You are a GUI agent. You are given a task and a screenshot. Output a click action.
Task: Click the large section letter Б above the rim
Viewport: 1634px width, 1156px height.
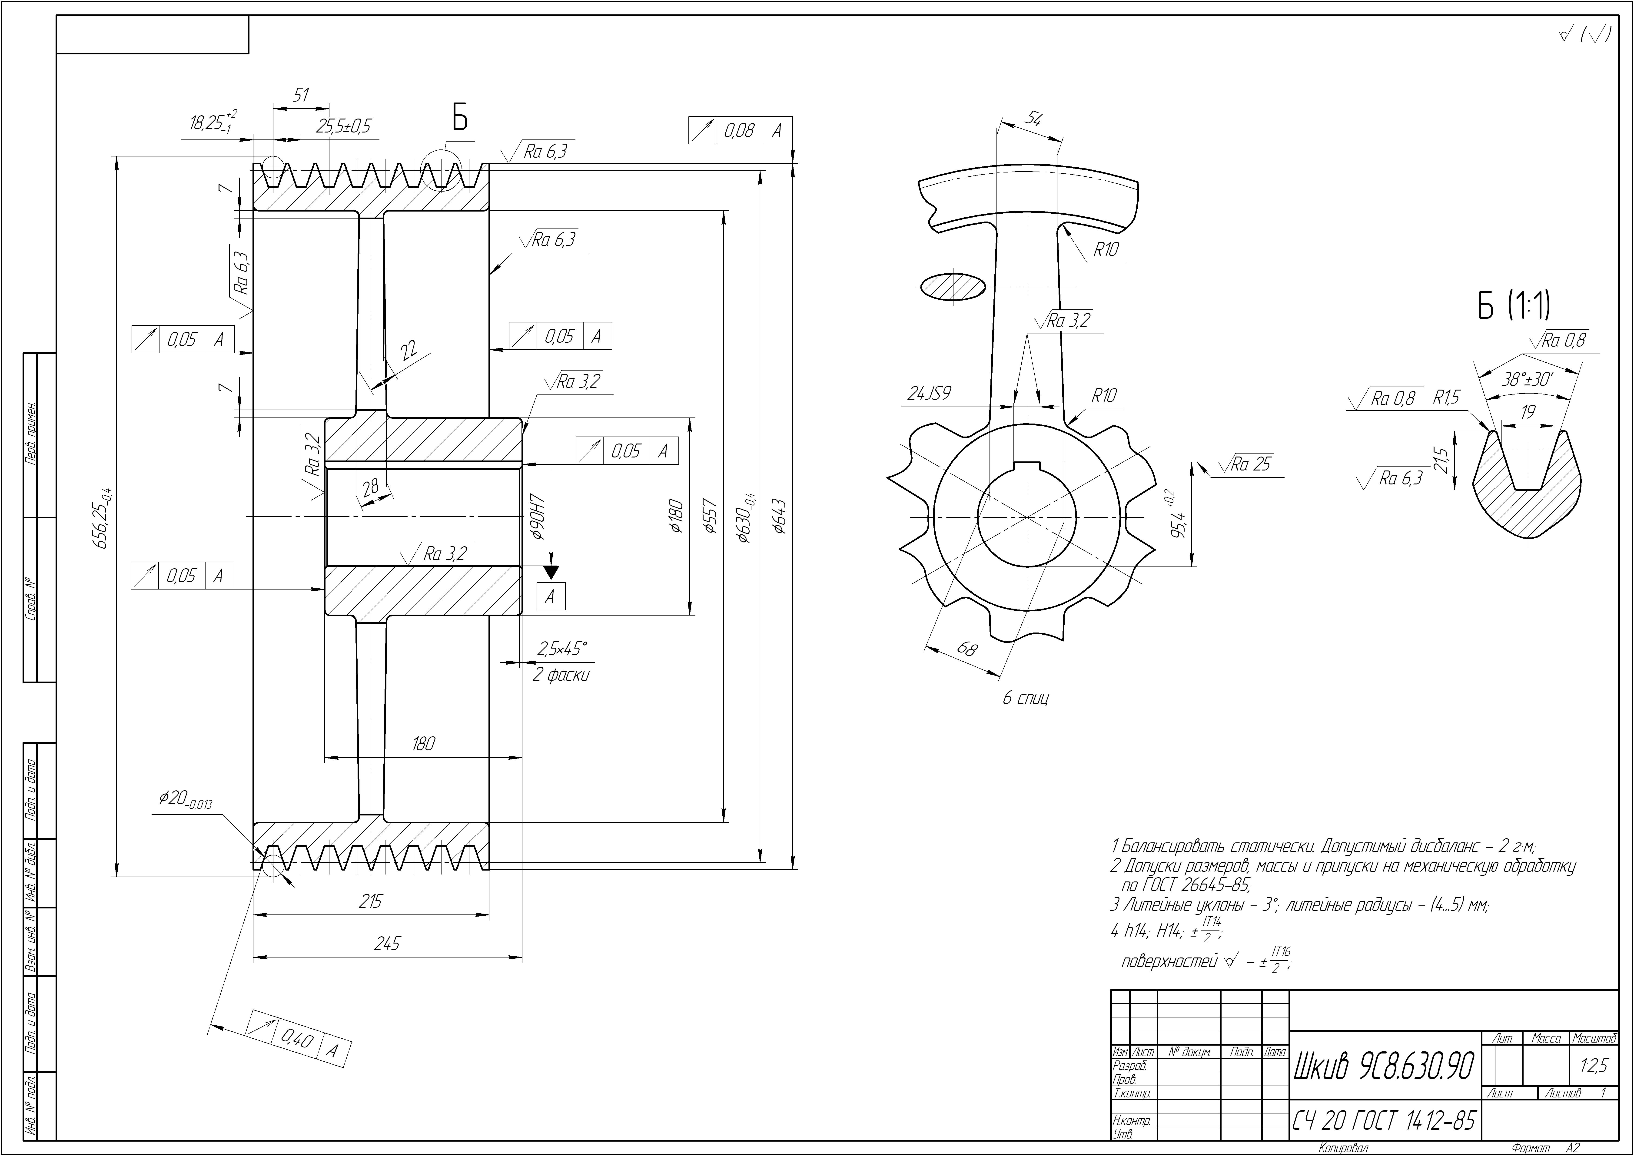460,118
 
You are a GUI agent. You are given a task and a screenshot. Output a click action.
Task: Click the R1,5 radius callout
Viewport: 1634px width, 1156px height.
1446,397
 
